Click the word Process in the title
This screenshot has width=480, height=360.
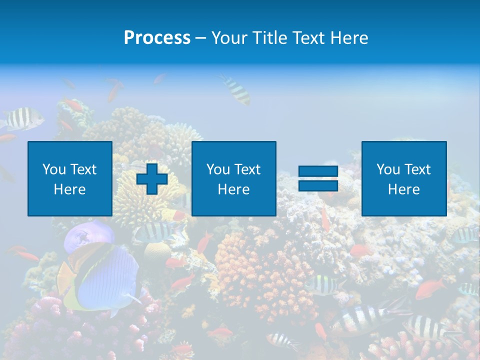click(x=157, y=38)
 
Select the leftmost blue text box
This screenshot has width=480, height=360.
click(x=70, y=178)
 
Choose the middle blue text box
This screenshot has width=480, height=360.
click(x=233, y=178)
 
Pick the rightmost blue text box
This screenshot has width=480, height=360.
click(x=403, y=178)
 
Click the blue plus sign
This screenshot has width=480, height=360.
click(x=152, y=179)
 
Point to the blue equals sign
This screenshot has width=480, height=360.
click(x=318, y=178)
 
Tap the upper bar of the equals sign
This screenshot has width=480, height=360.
click(x=318, y=171)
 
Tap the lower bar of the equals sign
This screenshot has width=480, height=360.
click(x=318, y=185)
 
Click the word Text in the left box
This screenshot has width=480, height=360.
click(x=83, y=169)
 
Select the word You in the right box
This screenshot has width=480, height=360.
click(x=388, y=169)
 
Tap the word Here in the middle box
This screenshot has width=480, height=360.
click(x=233, y=189)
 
